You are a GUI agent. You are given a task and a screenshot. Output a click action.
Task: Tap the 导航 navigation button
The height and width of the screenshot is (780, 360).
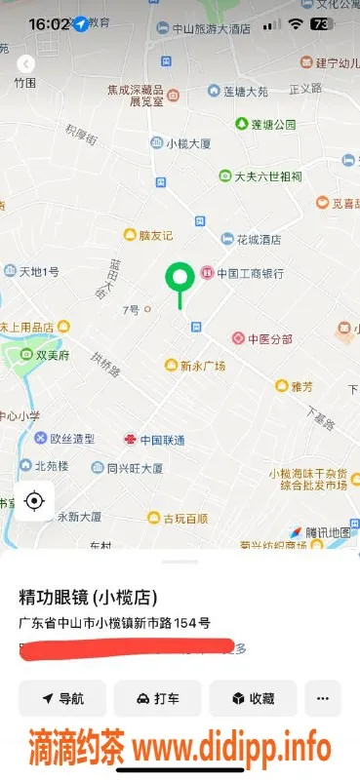click(61, 699)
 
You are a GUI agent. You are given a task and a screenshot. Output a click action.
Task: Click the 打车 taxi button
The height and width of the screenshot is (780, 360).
click(157, 699)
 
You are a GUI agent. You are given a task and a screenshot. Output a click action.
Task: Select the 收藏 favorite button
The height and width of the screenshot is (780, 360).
click(253, 699)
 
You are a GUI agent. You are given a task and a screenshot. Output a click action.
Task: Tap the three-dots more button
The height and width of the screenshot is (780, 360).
click(323, 699)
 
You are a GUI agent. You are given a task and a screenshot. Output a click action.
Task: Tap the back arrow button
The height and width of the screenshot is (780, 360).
click(26, 63)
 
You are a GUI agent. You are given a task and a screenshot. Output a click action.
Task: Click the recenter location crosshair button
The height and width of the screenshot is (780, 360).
click(34, 501)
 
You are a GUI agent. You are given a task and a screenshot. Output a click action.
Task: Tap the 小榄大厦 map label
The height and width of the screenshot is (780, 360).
click(188, 143)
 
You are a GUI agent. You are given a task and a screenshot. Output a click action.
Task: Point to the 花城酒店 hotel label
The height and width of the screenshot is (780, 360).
click(258, 238)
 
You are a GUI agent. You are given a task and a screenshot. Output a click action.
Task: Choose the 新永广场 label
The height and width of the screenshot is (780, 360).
click(202, 366)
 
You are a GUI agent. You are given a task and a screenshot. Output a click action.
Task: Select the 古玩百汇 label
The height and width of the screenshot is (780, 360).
click(184, 517)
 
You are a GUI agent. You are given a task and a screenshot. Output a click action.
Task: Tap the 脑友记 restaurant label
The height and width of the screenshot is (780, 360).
click(154, 235)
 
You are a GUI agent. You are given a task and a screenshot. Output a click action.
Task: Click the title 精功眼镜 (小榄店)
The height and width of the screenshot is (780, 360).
click(89, 597)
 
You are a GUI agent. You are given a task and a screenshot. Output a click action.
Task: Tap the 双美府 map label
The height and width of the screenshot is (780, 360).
click(53, 357)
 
